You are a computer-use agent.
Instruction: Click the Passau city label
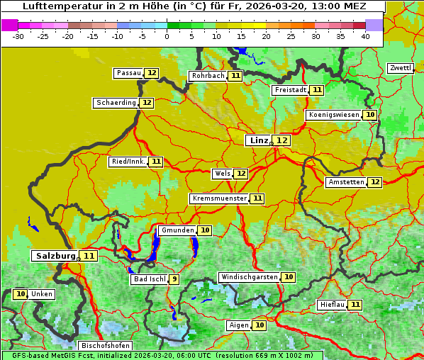[128, 73]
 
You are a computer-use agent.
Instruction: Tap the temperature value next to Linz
[282, 140]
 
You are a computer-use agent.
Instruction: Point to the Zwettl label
[400, 68]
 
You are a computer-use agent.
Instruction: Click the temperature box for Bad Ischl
[174, 279]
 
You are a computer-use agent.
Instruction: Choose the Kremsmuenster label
[219, 198]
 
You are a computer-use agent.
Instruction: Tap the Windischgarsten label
[249, 277]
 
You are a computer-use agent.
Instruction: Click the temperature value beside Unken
[20, 294]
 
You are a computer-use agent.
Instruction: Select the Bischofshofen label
[104, 345]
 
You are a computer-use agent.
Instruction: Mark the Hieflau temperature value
[355, 305]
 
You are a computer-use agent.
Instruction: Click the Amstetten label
[346, 182]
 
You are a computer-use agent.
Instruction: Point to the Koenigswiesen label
[333, 115]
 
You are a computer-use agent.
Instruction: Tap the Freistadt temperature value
[317, 90]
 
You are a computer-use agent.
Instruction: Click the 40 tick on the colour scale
[365, 36]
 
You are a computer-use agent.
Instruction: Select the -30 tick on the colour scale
[18, 36]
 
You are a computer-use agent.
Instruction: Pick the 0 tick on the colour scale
[167, 36]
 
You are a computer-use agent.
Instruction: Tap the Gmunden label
[177, 230]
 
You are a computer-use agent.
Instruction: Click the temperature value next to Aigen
[260, 325]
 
